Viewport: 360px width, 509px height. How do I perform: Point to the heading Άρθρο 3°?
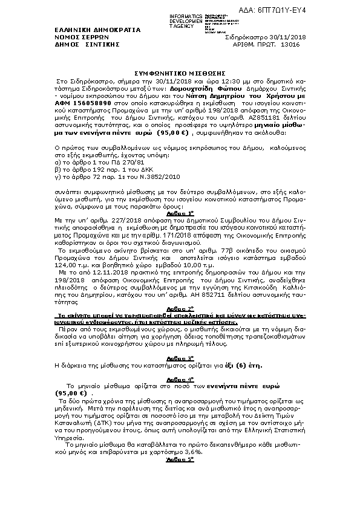180,341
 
